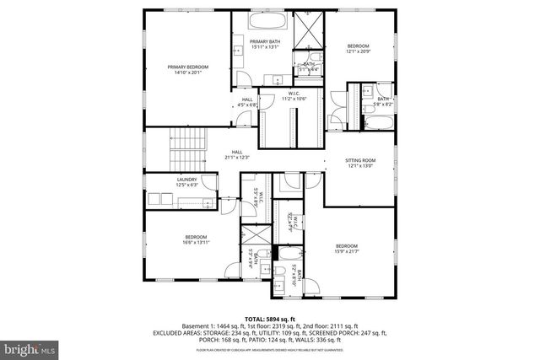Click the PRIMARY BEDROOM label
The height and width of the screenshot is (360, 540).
pos(187,67)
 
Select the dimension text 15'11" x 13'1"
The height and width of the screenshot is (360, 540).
pos(264,46)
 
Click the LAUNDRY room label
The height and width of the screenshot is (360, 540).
pos(186,179)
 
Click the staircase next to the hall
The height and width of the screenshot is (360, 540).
pos(187,147)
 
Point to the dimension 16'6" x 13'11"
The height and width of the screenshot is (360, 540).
pos(196,243)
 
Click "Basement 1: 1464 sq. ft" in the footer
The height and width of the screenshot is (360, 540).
pos(218,325)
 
